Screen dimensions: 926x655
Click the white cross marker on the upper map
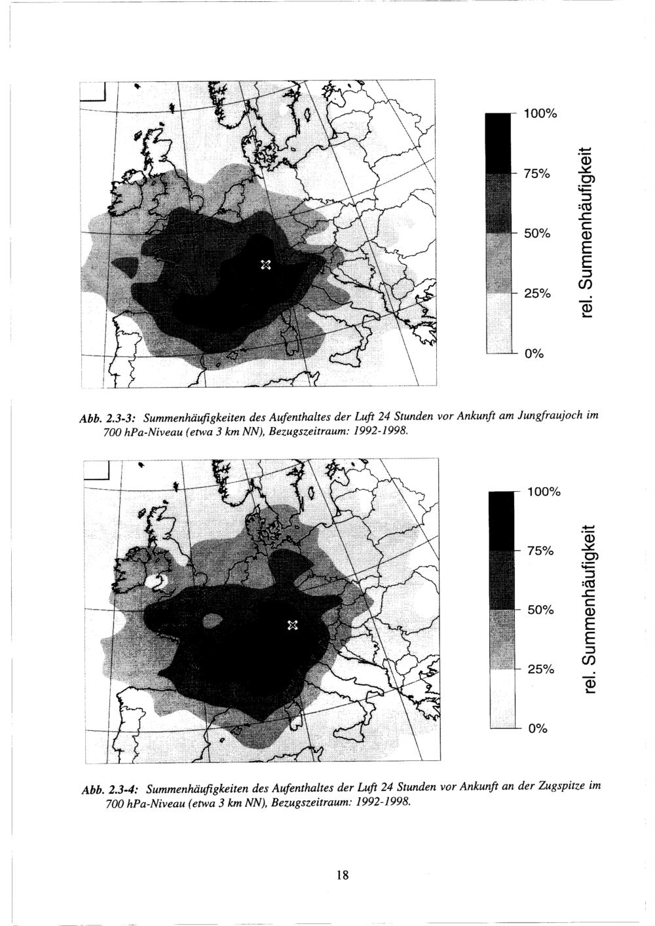pyautogui.click(x=266, y=265)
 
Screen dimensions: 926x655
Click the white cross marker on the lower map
pyautogui.click(x=293, y=625)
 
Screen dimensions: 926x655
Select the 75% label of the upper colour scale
pyautogui.click(x=536, y=174)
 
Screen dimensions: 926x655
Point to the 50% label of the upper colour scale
pyautogui.click(x=536, y=233)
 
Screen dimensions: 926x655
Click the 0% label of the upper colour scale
pyautogui.click(x=533, y=354)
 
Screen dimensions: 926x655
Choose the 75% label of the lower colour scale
pyautogui.click(x=540, y=550)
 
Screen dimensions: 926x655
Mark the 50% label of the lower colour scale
pyautogui.click(x=540, y=610)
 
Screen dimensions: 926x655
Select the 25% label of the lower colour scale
pyautogui.click(x=540, y=669)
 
